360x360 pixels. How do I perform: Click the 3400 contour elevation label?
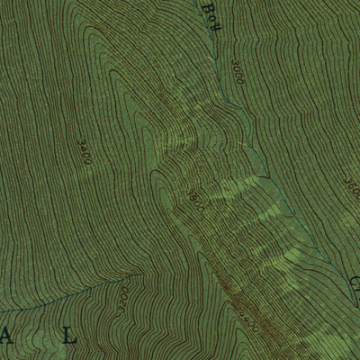point(85,150)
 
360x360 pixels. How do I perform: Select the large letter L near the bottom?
point(74,338)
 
